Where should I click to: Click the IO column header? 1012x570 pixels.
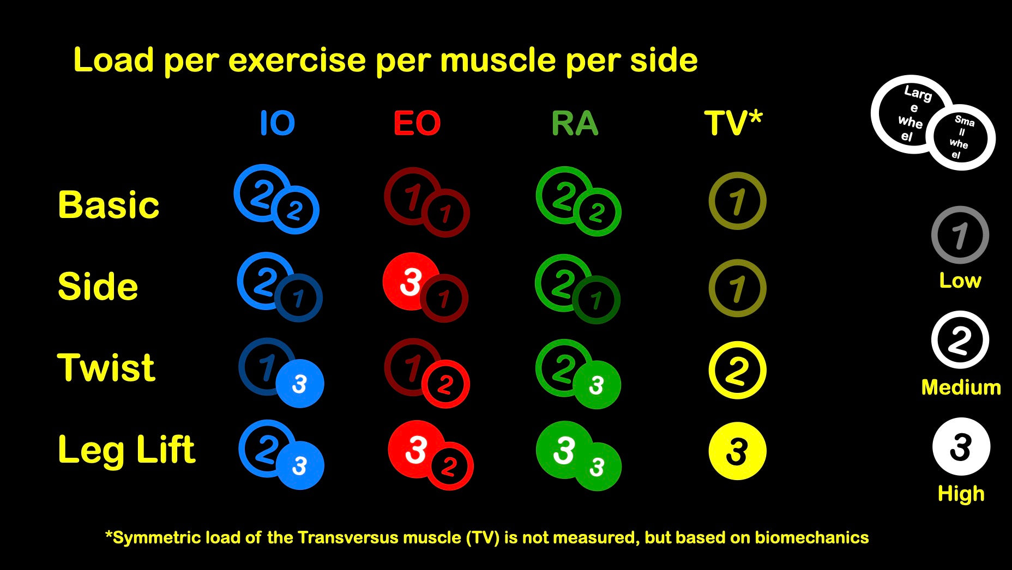[277, 123]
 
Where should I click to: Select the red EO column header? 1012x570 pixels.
[417, 123]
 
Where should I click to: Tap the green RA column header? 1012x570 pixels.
[575, 123]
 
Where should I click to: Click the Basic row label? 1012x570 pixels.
[109, 205]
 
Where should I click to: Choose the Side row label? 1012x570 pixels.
[98, 287]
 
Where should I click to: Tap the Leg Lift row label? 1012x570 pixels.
[126, 451]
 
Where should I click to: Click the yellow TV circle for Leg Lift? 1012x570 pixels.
[737, 451]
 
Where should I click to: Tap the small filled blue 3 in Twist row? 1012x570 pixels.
[299, 384]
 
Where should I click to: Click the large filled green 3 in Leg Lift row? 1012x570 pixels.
[564, 450]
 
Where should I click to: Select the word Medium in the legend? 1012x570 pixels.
[961, 387]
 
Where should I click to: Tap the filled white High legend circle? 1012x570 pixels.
[961, 447]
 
